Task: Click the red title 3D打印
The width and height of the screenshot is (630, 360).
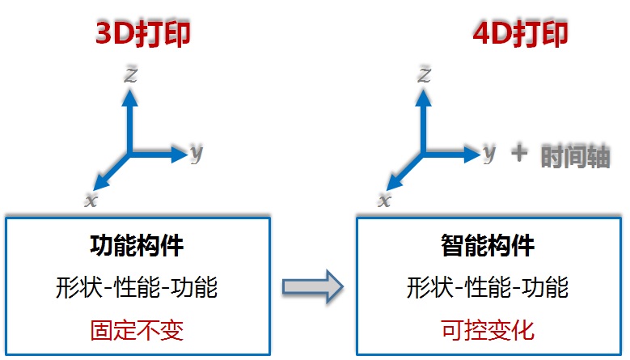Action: tap(143, 33)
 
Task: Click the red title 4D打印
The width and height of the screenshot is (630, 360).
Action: tap(520, 33)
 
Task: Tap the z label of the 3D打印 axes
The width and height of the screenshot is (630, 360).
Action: tap(131, 75)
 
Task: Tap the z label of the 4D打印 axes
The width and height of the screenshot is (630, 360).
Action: tap(425, 75)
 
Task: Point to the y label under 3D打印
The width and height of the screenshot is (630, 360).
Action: tap(197, 153)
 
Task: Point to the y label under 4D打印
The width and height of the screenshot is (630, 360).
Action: tap(489, 153)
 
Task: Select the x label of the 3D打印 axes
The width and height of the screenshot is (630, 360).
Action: tap(91, 200)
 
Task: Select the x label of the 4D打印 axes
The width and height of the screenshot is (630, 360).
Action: tap(384, 200)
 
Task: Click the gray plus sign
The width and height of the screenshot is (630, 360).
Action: tap(519, 153)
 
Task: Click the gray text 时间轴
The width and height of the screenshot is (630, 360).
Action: tap(576, 156)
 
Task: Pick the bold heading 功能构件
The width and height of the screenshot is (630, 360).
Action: tap(137, 245)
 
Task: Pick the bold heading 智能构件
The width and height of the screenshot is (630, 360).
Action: tap(488, 245)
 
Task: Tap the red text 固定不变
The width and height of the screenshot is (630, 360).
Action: tap(137, 330)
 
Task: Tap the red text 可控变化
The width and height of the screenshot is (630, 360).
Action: tap(488, 330)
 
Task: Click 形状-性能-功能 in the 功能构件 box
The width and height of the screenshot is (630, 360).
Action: tap(137, 288)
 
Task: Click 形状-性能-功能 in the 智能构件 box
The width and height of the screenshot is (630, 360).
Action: tap(488, 288)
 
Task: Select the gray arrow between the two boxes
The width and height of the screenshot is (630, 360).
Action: tap(313, 286)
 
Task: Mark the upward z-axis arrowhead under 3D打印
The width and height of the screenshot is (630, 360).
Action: tap(129, 98)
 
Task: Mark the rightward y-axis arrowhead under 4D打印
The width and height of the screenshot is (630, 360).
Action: tap(472, 154)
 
